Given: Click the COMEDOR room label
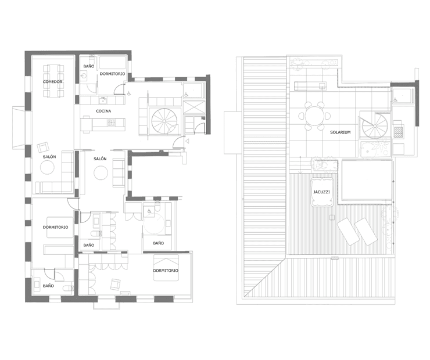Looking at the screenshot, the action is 53,82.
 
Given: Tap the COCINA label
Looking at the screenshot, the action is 103,111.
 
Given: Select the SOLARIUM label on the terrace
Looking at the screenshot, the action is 341,132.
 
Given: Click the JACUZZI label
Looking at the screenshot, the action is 321,192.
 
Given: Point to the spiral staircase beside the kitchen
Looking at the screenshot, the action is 164,121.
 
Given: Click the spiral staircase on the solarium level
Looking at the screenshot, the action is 375,126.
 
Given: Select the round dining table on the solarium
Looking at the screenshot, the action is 314,116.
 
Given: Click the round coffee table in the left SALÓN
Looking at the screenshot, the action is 47,167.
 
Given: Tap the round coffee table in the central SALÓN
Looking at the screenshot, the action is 101,172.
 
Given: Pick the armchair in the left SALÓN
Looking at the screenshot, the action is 43,147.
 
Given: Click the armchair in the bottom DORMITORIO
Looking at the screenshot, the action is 116,285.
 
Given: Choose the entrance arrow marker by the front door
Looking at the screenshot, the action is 187,141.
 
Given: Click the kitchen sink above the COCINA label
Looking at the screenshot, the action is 103,100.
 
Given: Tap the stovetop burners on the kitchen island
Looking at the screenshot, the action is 111,122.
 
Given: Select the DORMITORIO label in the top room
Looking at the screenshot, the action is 112,74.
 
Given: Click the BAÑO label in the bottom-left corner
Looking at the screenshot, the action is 48,286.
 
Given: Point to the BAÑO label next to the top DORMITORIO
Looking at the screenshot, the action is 88,66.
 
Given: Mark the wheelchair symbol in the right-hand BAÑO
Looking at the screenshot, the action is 149,211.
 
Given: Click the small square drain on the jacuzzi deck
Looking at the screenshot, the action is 332,218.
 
